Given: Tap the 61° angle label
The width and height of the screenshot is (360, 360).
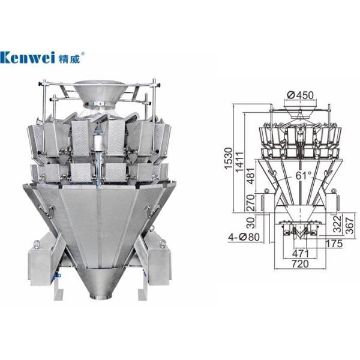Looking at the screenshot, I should (x=302, y=176).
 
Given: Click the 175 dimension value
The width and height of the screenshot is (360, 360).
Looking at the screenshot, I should (x=335, y=244).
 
